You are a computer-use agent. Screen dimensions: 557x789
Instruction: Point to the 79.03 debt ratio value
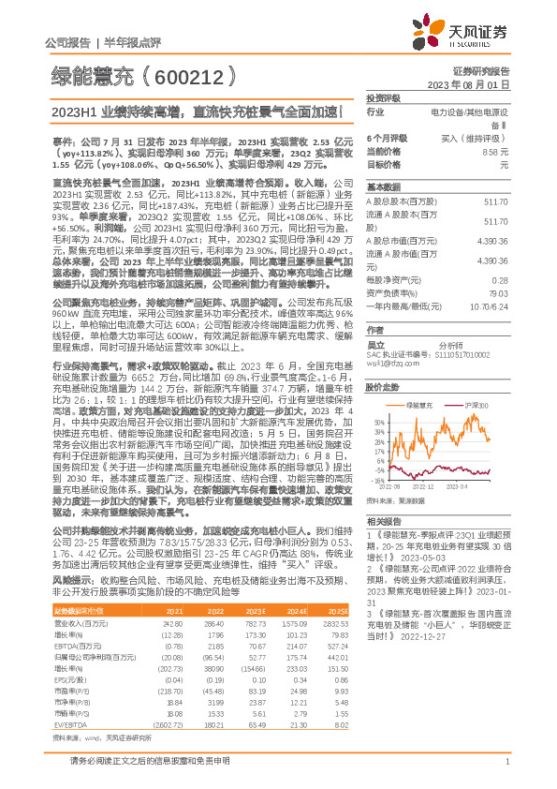526,292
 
